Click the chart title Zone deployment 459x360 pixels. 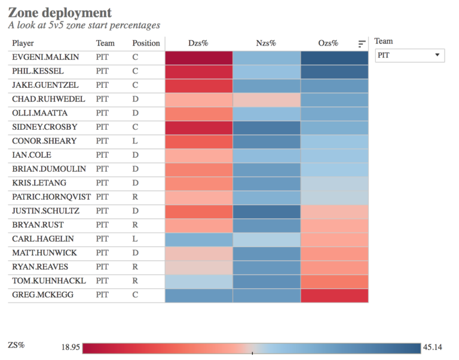click(x=60, y=13)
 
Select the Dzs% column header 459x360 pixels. click(x=198, y=43)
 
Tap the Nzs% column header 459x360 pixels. click(x=266, y=43)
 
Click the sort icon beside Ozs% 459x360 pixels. click(x=362, y=44)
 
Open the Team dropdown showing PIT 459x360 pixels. click(x=410, y=55)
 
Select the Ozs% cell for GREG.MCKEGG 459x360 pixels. click(x=334, y=295)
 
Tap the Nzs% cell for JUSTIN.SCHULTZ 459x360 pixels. click(x=267, y=212)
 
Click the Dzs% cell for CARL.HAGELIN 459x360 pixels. click(x=198, y=240)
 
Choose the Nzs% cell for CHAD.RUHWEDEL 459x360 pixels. click(x=267, y=99)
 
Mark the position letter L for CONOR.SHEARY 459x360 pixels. click(x=135, y=142)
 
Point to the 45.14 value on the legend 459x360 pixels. click(x=434, y=347)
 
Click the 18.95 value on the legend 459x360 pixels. click(x=71, y=347)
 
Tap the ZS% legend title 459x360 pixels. click(x=16, y=345)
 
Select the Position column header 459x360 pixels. click(x=146, y=43)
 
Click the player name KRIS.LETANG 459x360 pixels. click(x=35, y=184)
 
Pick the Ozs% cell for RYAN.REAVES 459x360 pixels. click(x=334, y=267)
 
